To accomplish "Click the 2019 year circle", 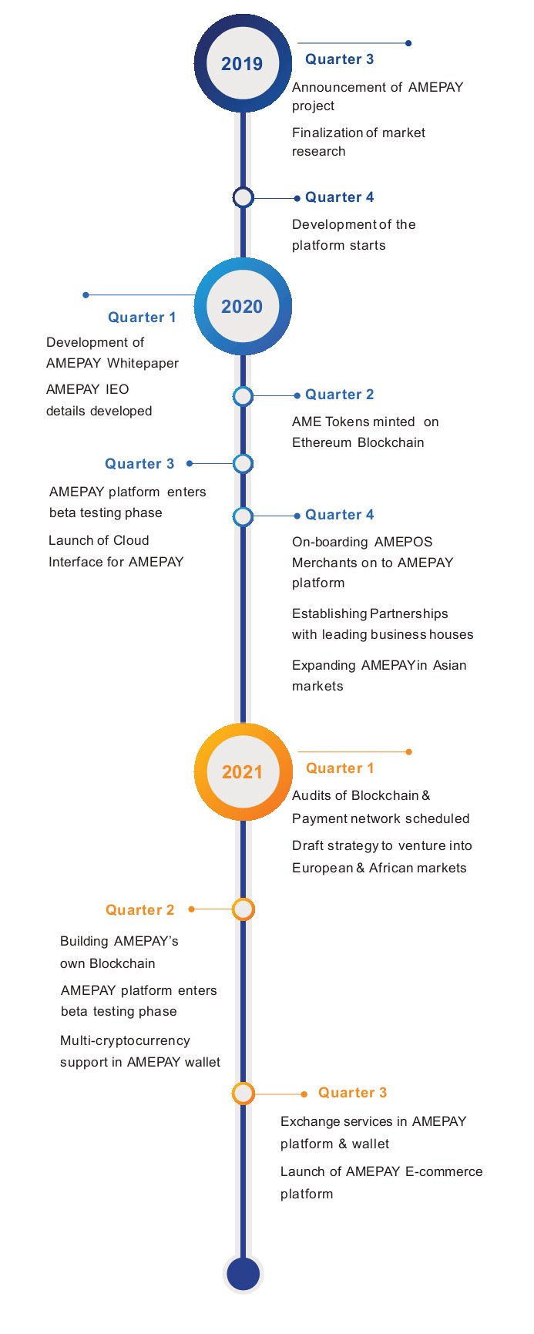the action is click(x=243, y=64).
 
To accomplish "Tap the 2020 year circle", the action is click(x=243, y=307).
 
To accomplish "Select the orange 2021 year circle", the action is click(x=243, y=771).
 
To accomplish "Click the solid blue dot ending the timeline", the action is click(x=243, y=1273).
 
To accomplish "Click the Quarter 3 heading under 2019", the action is click(x=340, y=59).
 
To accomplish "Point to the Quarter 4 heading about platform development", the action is click(x=340, y=197).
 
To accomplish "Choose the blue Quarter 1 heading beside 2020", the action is click(x=142, y=318).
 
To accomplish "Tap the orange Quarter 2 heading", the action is click(x=140, y=910).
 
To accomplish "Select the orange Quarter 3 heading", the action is click(x=353, y=1093).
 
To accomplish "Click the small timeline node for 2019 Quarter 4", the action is click(x=243, y=198).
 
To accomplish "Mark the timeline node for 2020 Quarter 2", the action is click(x=243, y=396).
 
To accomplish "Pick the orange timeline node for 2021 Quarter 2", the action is click(x=243, y=909).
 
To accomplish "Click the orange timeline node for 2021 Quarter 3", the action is click(x=243, y=1094).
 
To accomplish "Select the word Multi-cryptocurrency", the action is click(x=125, y=1041).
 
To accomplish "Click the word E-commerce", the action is click(x=444, y=1171).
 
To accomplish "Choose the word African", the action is click(x=390, y=868).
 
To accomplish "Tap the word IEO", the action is click(x=118, y=389).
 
